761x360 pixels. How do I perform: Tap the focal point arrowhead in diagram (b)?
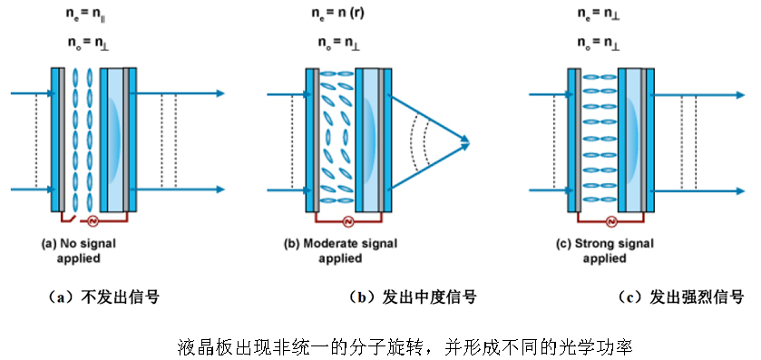(x=465, y=141)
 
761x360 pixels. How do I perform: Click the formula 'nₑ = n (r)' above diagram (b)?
(x=342, y=15)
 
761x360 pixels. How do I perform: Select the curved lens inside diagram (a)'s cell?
(x=115, y=141)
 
